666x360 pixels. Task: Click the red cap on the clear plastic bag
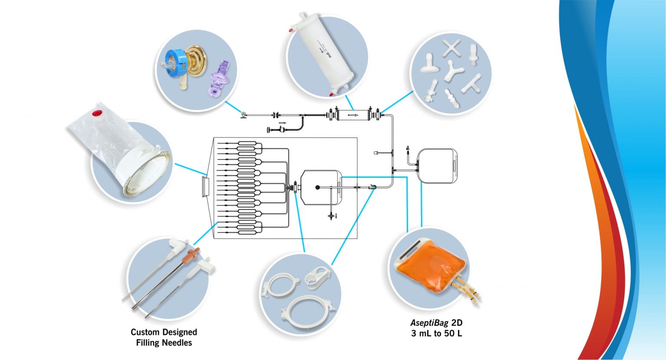click(97, 114)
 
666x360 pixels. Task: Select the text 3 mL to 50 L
click(436, 334)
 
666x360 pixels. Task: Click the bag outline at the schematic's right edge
click(437, 166)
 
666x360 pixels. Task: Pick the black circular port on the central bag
click(317, 188)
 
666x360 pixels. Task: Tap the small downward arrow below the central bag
click(336, 216)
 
